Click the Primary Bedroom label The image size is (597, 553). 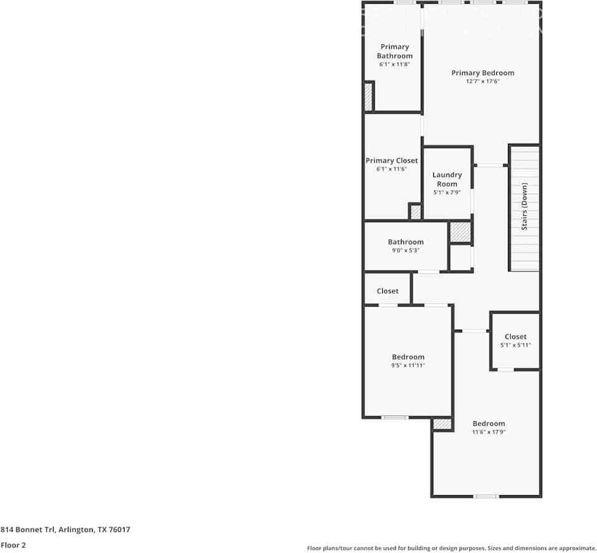coord(483,73)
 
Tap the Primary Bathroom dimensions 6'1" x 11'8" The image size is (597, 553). coord(395,64)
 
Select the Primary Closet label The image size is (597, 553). coord(392,160)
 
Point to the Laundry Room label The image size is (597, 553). coord(447,179)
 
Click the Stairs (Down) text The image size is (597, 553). coord(524,207)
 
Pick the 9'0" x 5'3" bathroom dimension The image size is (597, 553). coord(405,250)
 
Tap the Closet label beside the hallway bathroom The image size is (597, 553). coord(388,291)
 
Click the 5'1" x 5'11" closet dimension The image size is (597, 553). coord(515,345)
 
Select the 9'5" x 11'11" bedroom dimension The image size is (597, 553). coord(408,365)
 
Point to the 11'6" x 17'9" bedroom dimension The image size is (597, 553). coord(489,432)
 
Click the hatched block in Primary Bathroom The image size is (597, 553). coord(368,96)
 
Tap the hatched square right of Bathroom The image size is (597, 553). coord(460,232)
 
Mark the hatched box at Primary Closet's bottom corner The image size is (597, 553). coord(416,212)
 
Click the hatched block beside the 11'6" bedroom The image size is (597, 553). coord(443,424)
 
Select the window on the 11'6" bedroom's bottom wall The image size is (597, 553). coord(486,496)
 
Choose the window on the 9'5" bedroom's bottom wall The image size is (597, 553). coord(395,417)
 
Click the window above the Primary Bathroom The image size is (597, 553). coord(405,2)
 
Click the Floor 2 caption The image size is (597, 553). coord(13,545)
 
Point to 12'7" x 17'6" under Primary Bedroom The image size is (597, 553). coord(483,81)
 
